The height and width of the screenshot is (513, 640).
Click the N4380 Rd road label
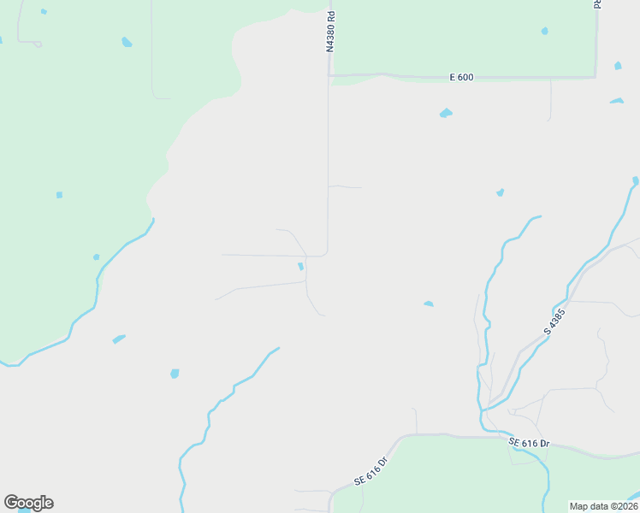[x=329, y=32]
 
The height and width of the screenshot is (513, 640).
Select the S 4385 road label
[x=554, y=321]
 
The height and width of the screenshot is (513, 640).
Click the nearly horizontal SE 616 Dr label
[x=529, y=443]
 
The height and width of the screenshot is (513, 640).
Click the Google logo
[x=28, y=503]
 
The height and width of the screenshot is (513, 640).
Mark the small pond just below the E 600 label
[x=445, y=113]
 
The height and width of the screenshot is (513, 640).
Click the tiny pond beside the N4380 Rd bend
[x=300, y=266]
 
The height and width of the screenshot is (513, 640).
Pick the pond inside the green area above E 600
[x=544, y=31]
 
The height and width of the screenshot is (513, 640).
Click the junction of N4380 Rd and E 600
[x=329, y=75]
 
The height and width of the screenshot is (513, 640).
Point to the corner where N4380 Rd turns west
[x=326, y=254]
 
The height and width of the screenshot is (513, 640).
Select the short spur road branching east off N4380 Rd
[x=346, y=186]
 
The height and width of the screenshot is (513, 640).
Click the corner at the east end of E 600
[x=596, y=77]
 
